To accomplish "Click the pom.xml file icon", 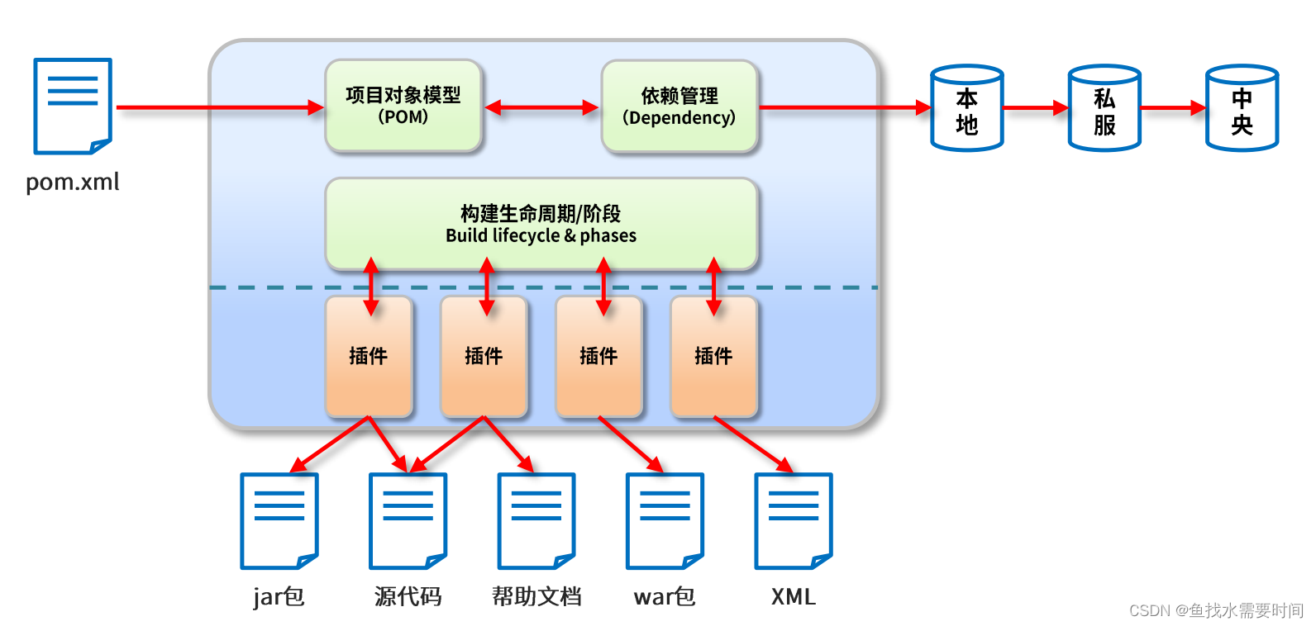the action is click(73, 107).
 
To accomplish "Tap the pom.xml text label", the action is click(73, 182).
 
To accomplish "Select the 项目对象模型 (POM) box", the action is click(403, 106).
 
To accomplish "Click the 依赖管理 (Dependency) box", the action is click(679, 107).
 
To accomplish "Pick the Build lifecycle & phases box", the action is click(541, 224).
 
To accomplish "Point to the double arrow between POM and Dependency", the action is click(541, 107).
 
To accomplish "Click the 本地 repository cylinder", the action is click(967, 108).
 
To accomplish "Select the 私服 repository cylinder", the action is click(1104, 108).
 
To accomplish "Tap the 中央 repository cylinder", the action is click(1242, 108).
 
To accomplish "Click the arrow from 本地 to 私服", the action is click(1036, 108).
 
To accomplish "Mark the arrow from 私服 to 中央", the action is click(1173, 108).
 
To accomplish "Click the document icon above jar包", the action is click(279, 521).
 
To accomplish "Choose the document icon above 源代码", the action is click(408, 521).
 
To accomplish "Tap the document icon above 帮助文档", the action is click(536, 521).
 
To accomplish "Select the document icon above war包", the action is click(665, 521).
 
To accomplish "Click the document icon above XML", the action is click(794, 521).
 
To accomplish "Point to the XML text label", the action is click(794, 596).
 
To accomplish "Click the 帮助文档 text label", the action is click(536, 596).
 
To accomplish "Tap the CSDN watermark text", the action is click(1217, 611).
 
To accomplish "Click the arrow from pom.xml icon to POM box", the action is click(221, 107).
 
